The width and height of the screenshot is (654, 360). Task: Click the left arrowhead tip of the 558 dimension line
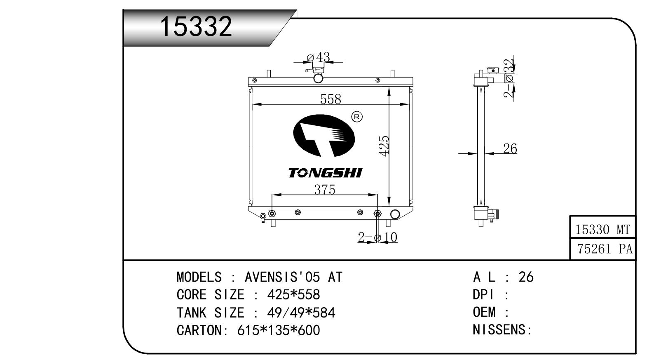coord(252,104)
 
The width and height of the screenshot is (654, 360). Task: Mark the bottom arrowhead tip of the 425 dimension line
coord(389,206)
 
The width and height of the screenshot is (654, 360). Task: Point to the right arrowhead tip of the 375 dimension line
coord(377,195)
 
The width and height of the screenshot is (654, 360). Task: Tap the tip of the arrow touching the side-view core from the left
coord(477,153)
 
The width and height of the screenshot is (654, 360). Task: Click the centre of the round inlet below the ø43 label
coord(318,79)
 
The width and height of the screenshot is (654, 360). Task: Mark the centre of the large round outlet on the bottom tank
coord(395,214)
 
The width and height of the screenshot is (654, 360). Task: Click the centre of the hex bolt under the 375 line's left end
coord(272,214)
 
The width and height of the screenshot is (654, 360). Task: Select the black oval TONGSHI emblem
coord(324,135)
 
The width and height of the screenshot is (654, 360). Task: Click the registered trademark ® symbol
coord(357,117)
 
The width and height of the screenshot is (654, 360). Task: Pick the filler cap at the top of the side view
coord(493,70)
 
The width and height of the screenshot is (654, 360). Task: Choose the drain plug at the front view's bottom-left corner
coord(263,217)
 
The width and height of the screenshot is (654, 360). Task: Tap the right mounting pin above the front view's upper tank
coord(392,73)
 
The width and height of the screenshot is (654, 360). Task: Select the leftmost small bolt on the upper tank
coord(254,80)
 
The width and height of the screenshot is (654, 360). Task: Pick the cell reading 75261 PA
coord(602,249)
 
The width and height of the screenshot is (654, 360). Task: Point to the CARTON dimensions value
coord(279,330)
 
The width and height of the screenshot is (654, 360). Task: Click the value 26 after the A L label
coord(526,277)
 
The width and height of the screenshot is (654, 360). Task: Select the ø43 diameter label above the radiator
coord(319,57)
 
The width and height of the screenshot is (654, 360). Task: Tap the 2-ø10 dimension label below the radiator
coord(377,237)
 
